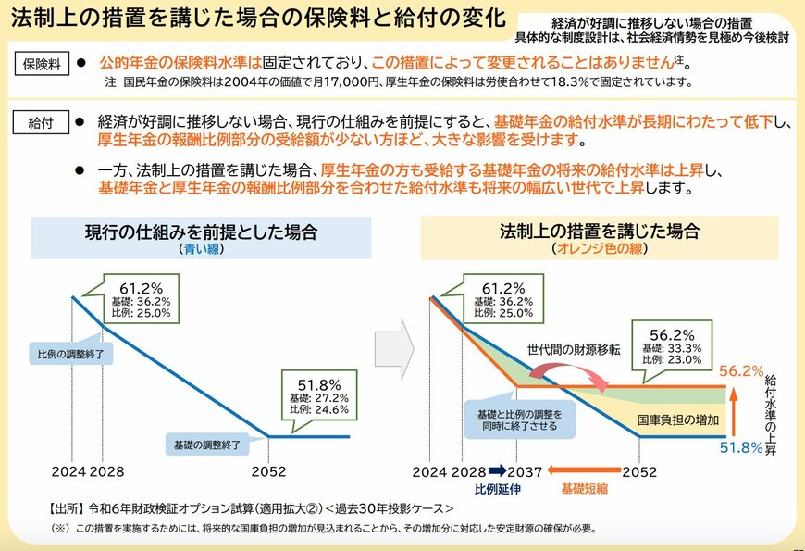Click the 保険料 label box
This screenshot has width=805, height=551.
point(40,64)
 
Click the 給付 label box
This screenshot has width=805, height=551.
point(40,122)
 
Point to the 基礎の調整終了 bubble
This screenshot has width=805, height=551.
point(207,445)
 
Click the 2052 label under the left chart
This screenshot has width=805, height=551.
point(269,471)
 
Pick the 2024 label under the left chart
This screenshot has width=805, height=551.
point(68,471)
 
